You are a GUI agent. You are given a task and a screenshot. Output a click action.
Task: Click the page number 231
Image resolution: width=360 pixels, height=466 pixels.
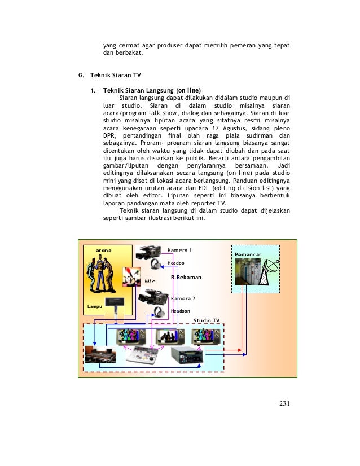point(284,403)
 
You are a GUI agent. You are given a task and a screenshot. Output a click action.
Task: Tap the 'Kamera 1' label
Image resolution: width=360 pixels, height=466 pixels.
point(179,249)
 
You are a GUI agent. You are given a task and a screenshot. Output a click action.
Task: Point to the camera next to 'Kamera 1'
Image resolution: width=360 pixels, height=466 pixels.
point(151,252)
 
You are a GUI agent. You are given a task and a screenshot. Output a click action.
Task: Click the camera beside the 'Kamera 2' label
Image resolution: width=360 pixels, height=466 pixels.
point(153,296)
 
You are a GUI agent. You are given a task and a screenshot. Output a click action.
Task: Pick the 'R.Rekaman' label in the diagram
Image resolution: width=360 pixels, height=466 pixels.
point(186,278)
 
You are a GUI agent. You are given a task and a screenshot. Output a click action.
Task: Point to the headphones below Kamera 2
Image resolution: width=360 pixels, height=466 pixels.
point(159,311)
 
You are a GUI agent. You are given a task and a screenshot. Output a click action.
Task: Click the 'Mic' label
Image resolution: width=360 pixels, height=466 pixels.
point(150,281)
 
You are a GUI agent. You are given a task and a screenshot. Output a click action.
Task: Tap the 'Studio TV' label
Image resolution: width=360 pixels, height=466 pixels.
point(206,320)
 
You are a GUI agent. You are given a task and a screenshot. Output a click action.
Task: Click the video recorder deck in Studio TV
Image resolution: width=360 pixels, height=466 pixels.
point(186,355)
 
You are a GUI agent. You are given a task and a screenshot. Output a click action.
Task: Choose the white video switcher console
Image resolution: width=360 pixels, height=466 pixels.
point(145,355)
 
